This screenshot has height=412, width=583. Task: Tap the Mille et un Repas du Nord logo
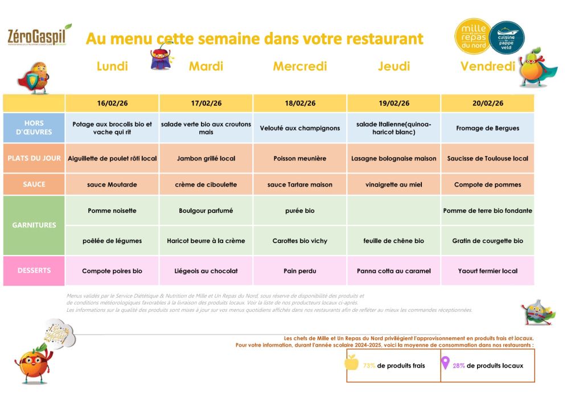tap(473, 36)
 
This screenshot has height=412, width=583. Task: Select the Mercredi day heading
tap(300, 67)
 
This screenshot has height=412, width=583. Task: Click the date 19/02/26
tap(393, 104)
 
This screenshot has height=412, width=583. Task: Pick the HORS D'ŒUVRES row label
tap(34, 127)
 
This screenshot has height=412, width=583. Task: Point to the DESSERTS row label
tap(34, 271)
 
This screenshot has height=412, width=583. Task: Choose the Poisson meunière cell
tap(300, 159)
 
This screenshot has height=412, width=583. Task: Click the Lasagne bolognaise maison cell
tap(394, 159)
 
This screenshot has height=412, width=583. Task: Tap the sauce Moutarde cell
tap(112, 185)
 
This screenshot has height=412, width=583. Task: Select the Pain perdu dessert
tap(300, 271)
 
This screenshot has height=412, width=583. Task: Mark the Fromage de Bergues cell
tap(487, 128)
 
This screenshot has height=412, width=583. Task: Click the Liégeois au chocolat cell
tap(206, 271)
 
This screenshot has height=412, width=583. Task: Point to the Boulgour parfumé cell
tap(206, 211)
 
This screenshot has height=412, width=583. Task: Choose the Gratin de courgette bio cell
tap(487, 241)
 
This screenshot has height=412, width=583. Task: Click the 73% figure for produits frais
tap(369, 366)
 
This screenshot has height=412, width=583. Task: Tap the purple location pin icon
tap(446, 363)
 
